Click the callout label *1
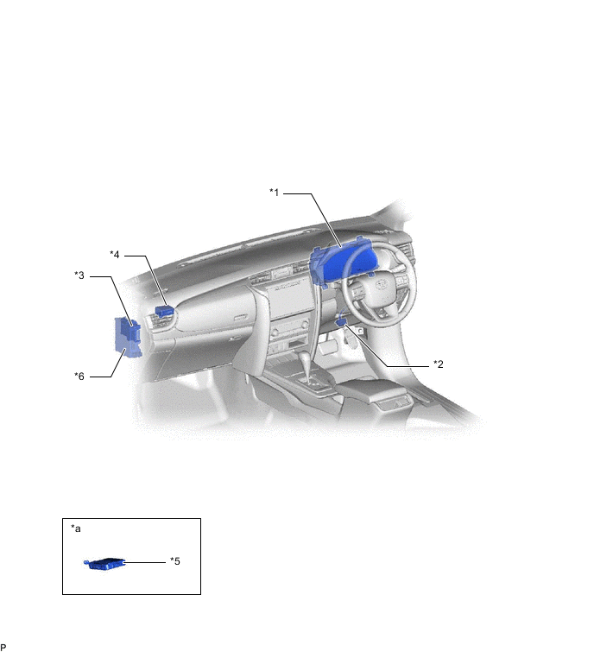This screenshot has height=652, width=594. tap(274, 193)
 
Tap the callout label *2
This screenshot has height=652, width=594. tap(438, 364)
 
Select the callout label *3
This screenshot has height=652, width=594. tap(79, 275)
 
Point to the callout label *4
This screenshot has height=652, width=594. tap(114, 255)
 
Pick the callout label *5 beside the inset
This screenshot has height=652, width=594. tap(175, 561)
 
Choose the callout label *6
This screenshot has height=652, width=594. tap(79, 377)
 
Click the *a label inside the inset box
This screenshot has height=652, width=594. tap(76, 529)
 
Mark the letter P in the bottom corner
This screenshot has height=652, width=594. tap(3, 647)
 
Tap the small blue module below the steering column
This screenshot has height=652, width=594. tap(341, 320)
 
